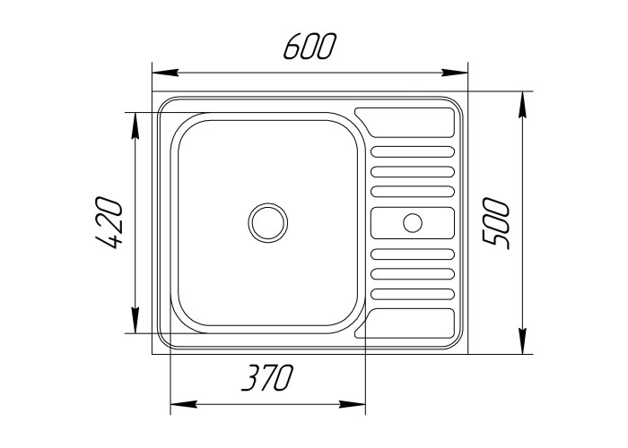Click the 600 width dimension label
tap(309, 47)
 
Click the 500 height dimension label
tap(496, 222)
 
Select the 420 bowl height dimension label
tap(108, 222)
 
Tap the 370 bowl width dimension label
tap(267, 377)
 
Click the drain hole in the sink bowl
tap(268, 222)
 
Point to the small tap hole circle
tap(413, 222)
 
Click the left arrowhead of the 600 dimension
tap(165, 73)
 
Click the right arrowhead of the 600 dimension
tap(455, 73)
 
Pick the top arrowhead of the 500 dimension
tap(522, 105)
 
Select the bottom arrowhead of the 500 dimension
tap(522, 341)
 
